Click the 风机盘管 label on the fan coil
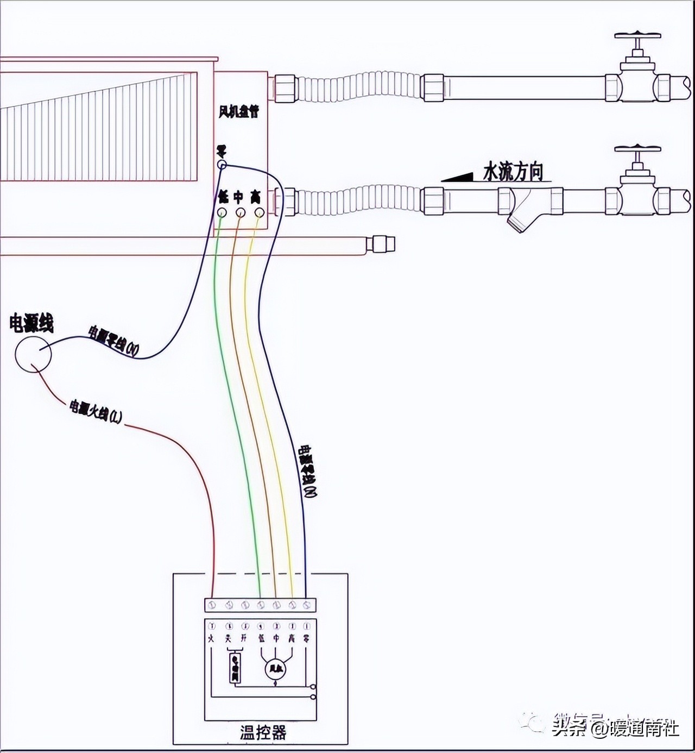[239, 112]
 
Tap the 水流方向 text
[513, 172]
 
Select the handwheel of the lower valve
[637, 149]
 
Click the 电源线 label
[31, 324]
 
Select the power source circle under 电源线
[33, 354]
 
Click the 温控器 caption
[263, 732]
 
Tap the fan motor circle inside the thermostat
[276, 670]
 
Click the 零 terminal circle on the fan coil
[222, 164]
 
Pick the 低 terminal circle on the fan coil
[222, 212]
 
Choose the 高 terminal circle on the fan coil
[260, 212]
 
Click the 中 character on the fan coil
[239, 197]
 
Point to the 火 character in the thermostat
[211, 639]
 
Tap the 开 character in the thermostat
[244, 639]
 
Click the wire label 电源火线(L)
[96, 411]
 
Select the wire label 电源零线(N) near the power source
[113, 340]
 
